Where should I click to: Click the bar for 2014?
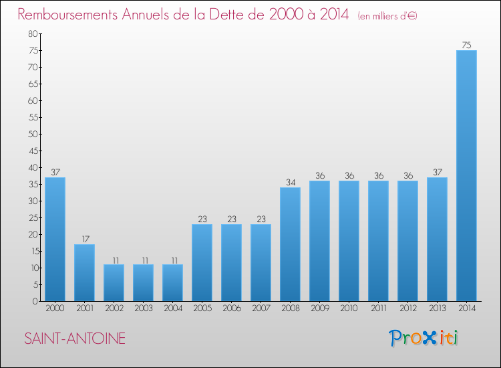[466, 175]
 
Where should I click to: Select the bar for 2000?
[55, 239]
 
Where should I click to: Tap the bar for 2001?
[84, 272]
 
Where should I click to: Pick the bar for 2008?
[290, 244]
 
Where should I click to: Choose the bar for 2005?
[202, 262]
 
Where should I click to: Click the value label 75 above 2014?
[466, 45]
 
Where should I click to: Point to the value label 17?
[84, 240]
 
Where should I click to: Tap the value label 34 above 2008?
[290, 183]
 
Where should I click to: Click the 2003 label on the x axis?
[143, 308]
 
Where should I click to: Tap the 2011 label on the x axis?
[378, 308]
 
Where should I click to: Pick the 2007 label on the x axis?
[261, 308]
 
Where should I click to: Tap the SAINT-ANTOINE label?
[75, 339]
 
